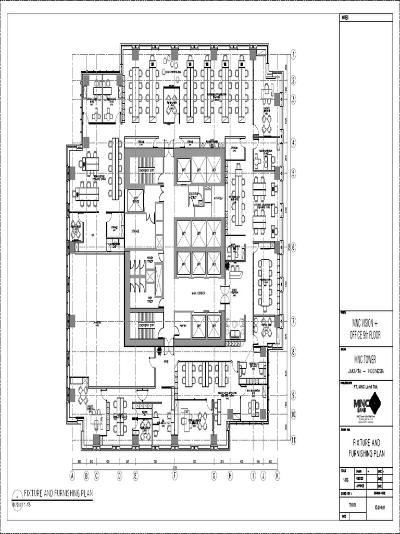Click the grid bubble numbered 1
[293, 54]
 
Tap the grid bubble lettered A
[72, 476]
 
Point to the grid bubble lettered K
[277, 476]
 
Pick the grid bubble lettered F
[175, 476]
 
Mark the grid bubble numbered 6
[293, 248]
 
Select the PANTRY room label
[183, 325]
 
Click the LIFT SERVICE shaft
[135, 200]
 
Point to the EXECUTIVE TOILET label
[196, 196]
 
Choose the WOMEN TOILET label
[153, 258]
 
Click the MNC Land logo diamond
[374, 403]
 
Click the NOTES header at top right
[346, 18]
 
